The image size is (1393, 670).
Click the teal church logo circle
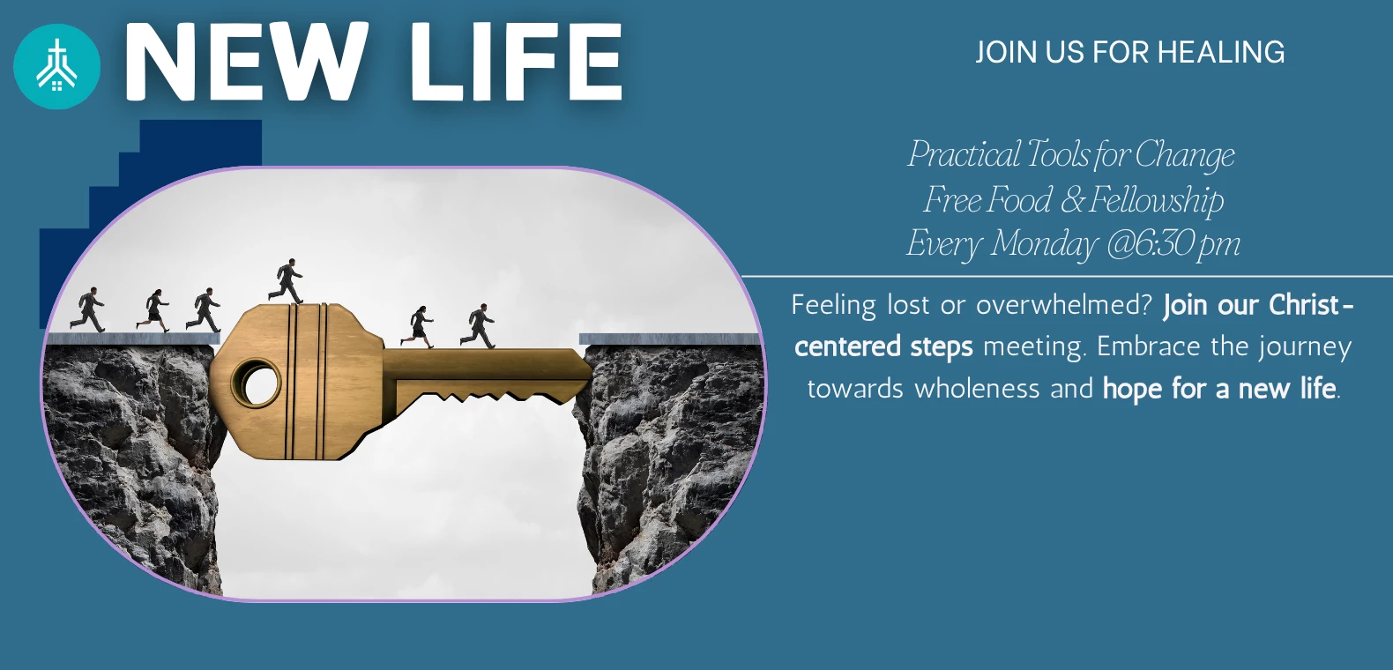56,67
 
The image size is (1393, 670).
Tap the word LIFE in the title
516,61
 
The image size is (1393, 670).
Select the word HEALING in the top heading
1221,52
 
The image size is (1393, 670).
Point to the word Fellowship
1156,200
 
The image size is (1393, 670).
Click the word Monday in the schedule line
1044,244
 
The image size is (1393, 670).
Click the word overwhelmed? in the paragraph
1065,305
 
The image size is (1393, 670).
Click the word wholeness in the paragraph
977,389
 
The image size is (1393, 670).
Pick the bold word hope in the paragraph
1131,390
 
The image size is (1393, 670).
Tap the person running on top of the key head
286,281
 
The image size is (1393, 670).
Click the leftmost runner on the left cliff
87,309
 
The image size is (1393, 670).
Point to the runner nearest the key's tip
478,326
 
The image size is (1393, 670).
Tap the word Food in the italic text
1018,200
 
